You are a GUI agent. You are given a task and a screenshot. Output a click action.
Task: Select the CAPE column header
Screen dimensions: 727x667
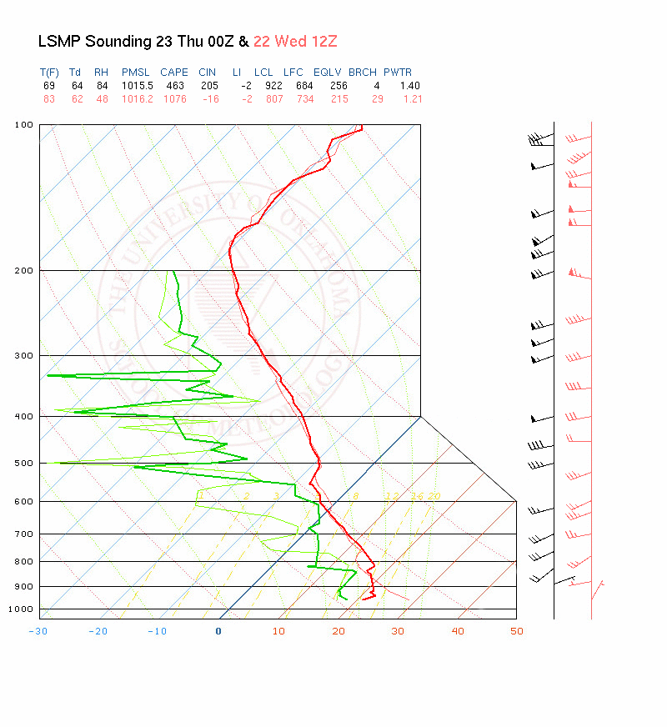174,73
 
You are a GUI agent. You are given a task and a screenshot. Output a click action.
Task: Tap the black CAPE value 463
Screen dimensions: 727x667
174,86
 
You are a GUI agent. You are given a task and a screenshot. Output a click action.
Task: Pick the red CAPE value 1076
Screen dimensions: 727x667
174,99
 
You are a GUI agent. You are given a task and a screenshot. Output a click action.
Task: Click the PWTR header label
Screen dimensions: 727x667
398,73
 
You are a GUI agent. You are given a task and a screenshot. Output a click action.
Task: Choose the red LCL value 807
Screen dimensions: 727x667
263,99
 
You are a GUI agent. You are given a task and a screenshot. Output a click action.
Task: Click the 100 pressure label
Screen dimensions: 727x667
24,125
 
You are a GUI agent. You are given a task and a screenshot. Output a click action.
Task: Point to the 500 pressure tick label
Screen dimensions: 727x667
24,463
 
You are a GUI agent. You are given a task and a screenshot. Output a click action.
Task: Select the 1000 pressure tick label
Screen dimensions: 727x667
22,609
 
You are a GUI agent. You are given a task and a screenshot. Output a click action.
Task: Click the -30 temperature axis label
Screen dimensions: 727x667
38,631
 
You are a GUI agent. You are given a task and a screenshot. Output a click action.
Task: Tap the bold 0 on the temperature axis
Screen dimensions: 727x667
218,631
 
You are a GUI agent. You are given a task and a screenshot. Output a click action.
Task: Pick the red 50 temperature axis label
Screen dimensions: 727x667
517,631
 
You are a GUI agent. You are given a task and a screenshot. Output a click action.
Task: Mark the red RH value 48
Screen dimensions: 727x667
102,99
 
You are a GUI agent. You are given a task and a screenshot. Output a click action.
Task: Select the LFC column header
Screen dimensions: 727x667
293,73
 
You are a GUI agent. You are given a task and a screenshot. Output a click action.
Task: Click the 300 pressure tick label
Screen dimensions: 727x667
24,355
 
